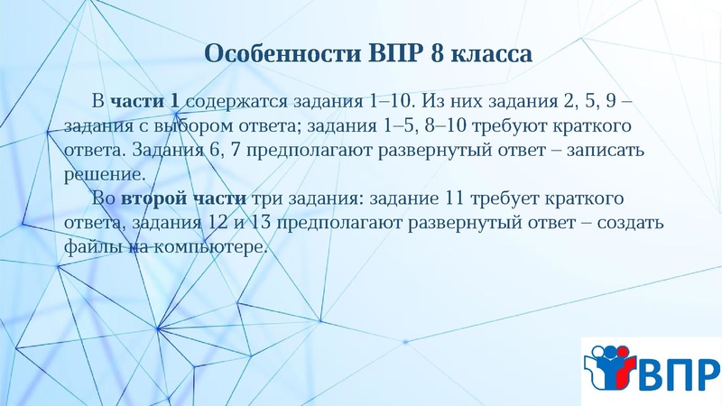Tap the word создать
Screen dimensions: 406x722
click(628, 222)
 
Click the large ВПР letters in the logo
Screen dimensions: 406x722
click(680, 371)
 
